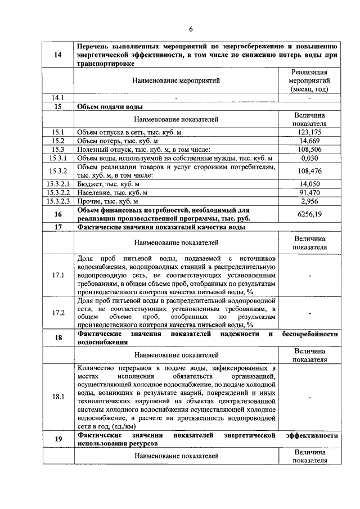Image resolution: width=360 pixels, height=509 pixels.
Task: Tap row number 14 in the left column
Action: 58,55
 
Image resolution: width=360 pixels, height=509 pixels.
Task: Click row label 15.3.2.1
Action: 58,184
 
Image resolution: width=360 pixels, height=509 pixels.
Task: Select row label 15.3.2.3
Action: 58,201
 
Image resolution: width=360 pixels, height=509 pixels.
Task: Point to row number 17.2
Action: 58,313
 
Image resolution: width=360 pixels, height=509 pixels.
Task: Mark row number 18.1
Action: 58,397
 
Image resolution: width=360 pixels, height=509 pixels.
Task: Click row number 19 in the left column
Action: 58,439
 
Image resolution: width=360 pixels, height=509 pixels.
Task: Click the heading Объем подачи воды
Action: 110,106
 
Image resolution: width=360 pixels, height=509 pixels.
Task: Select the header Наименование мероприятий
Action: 176,81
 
